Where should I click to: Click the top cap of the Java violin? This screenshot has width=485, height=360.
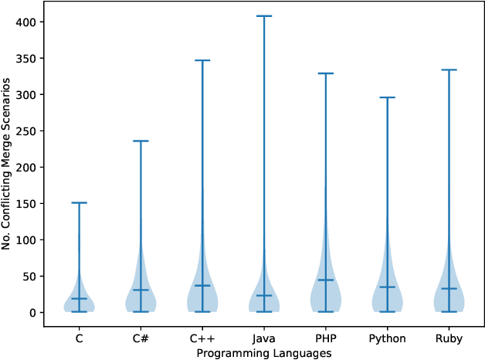point(264,16)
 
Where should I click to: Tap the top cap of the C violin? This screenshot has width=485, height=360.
point(79,203)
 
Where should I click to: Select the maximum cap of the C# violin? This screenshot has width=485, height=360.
point(141,141)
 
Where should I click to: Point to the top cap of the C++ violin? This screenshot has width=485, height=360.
point(202,60)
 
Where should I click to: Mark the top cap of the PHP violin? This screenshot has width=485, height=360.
point(325,73)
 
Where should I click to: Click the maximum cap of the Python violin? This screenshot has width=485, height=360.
point(387,97)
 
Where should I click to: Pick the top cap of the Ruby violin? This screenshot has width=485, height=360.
point(449,70)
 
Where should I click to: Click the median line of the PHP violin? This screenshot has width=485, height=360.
point(325,280)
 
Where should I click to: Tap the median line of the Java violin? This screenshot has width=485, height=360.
point(264,296)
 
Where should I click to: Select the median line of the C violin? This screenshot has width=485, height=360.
point(79,298)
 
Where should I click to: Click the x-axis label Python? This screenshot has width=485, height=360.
point(387,338)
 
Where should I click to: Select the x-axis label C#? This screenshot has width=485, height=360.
point(141,338)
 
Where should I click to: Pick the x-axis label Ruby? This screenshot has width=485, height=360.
point(449,338)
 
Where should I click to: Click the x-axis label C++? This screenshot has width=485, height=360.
point(202,338)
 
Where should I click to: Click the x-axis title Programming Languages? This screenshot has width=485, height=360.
point(264,353)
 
